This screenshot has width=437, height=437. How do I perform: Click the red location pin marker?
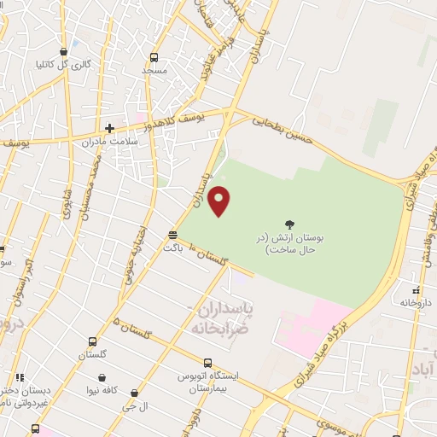[219, 201]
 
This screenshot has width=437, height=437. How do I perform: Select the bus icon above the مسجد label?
[154, 58]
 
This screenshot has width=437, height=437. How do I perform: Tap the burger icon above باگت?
[173, 235]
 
